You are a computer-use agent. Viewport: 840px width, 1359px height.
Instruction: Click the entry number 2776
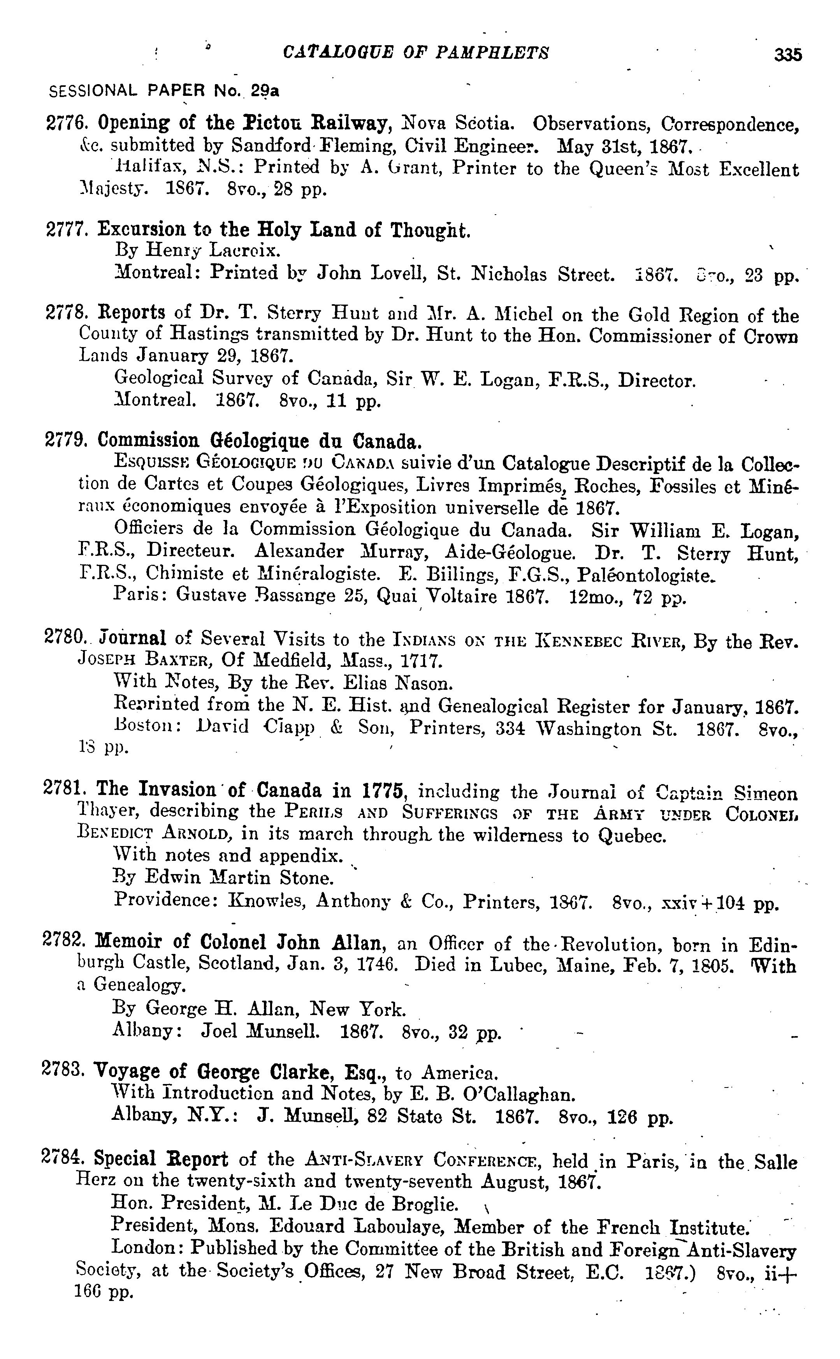[62, 123]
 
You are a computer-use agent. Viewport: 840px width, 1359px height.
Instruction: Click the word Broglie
[425, 1204]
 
